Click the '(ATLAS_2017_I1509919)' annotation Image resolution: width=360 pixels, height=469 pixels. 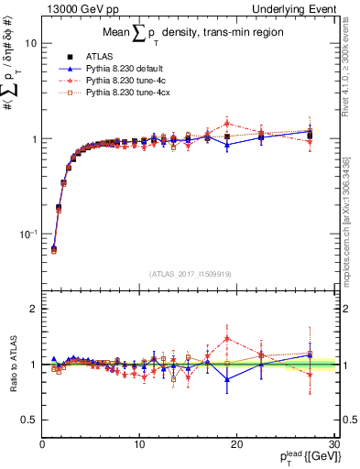pyautogui.click(x=189, y=273)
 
